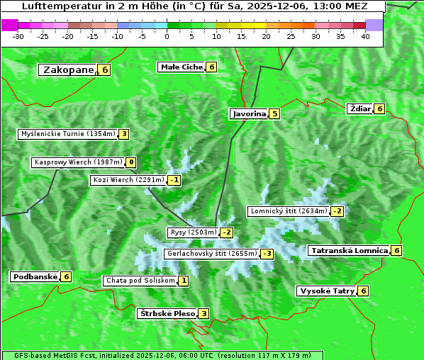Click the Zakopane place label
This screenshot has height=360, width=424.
point(68,69)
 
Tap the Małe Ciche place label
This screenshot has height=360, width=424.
point(182,67)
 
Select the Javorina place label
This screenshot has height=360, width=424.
point(249,113)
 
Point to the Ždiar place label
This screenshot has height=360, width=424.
point(360,108)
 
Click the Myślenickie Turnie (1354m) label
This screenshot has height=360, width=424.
point(67,134)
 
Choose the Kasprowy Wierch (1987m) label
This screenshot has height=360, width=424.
point(78,162)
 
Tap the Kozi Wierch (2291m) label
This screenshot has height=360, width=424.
point(128,180)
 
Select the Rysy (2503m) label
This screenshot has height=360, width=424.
point(193,232)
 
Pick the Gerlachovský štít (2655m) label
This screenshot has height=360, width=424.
point(211,254)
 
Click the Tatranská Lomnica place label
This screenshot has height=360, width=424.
point(349,250)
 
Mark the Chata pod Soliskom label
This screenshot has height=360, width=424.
point(140,281)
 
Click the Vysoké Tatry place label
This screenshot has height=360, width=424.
point(327,291)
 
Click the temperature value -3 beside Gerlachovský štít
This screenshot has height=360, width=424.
point(267,254)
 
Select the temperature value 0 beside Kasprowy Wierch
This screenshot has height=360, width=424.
point(131,162)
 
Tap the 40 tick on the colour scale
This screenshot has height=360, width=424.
point(365,36)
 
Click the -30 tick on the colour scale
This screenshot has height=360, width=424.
point(18,36)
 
